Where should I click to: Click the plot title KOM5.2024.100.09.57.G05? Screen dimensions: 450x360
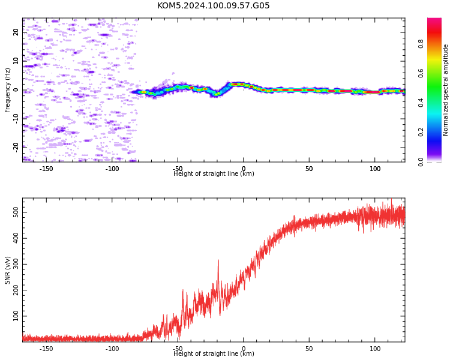click(x=213, y=5)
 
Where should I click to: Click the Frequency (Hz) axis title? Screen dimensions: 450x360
click(x=7, y=90)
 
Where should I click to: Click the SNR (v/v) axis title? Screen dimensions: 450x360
click(x=7, y=270)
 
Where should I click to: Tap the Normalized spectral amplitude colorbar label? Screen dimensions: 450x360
click(x=445, y=90)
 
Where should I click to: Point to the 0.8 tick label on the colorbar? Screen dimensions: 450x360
click(x=421, y=44)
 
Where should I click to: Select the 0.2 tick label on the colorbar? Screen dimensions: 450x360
click(x=421, y=132)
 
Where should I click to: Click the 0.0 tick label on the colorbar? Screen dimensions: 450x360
click(x=421, y=161)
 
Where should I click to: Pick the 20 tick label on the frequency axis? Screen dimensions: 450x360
click(x=16, y=32)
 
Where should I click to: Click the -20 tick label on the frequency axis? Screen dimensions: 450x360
click(x=16, y=147)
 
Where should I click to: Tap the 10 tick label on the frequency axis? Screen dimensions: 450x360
click(x=16, y=61)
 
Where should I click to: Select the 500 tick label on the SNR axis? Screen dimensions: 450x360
click(x=16, y=212)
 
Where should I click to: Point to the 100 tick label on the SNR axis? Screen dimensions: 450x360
click(x=16, y=316)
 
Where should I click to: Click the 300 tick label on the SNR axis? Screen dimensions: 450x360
click(x=16, y=264)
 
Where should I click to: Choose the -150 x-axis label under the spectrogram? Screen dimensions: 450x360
click(x=46, y=169)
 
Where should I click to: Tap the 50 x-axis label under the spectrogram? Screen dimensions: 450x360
click(x=309, y=169)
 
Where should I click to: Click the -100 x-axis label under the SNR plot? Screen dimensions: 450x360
click(x=112, y=349)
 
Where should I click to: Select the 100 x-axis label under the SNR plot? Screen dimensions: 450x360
click(x=375, y=349)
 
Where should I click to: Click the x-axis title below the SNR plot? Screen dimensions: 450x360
click(x=214, y=353)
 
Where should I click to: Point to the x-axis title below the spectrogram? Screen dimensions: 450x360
click(x=214, y=173)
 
